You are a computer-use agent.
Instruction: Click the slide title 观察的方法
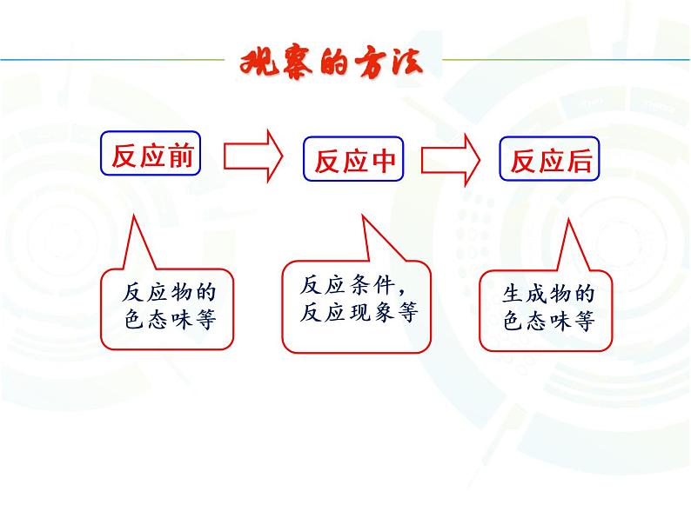(332, 65)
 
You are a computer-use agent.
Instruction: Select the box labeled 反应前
(152, 156)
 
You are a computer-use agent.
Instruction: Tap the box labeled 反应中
(354, 161)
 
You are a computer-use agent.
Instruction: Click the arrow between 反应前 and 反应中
(253, 156)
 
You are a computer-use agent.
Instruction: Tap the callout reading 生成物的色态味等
(548, 309)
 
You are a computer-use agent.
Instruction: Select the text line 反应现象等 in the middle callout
(359, 314)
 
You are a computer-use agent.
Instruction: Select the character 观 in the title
(257, 66)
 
